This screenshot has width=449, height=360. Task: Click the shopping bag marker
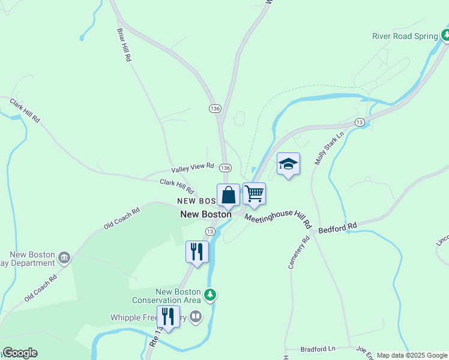(x=228, y=195)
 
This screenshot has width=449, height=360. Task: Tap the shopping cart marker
(x=254, y=194)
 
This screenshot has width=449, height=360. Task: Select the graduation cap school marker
(x=288, y=164)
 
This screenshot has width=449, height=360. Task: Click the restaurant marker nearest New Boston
(x=197, y=252)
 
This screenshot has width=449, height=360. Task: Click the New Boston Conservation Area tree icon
(x=209, y=295)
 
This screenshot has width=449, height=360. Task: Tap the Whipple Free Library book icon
(x=196, y=316)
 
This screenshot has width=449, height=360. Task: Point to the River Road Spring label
(x=405, y=36)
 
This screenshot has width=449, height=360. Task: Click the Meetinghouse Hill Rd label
(x=278, y=218)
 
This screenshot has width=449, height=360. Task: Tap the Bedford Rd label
(x=337, y=228)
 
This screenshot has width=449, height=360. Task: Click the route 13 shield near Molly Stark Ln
(x=360, y=122)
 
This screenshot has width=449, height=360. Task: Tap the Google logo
(x=20, y=353)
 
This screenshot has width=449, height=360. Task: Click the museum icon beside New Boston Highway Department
(x=64, y=258)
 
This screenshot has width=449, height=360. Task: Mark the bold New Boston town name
(x=206, y=214)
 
